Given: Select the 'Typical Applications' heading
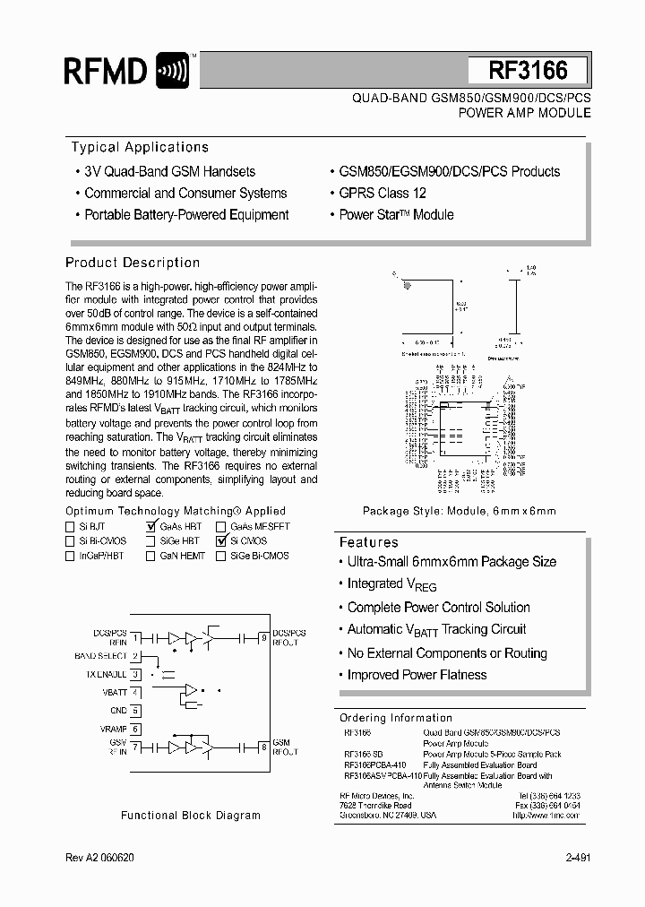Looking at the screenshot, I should (140, 148).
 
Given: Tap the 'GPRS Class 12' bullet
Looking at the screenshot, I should (383, 193).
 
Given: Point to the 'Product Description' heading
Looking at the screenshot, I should (133, 263).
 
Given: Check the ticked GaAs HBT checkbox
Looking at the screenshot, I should (152, 527).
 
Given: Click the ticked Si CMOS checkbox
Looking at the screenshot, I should (220, 541).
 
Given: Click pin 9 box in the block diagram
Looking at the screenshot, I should (263, 637).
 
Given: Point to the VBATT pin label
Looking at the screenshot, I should (115, 692).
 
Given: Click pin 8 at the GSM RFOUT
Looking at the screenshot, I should (263, 746).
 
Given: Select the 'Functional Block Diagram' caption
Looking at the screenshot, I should (191, 816).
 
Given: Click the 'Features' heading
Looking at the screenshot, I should (368, 542).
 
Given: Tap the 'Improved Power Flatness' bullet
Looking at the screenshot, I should (417, 675).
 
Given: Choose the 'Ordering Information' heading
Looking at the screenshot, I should (396, 718).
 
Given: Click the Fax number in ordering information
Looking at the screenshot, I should (549, 806).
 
